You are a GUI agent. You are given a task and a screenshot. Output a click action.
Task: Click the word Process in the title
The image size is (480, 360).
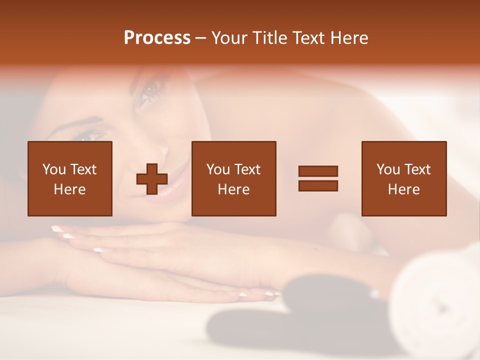(x=157, y=37)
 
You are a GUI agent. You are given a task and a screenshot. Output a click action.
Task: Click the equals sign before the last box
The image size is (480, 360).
(x=318, y=178)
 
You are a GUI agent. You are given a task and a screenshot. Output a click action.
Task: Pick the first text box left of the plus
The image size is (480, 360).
(x=70, y=178)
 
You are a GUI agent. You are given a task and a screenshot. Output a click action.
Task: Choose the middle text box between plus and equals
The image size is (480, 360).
(x=233, y=178)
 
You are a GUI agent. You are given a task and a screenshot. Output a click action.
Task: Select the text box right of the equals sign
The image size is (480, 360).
(x=403, y=178)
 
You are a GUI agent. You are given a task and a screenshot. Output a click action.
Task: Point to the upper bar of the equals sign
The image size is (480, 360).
(x=318, y=171)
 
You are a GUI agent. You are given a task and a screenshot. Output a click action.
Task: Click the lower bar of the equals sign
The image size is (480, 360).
(x=318, y=186)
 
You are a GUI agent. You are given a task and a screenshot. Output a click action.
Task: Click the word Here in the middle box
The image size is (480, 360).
(x=233, y=189)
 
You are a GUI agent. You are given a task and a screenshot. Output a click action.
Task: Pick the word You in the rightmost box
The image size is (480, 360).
(x=388, y=169)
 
